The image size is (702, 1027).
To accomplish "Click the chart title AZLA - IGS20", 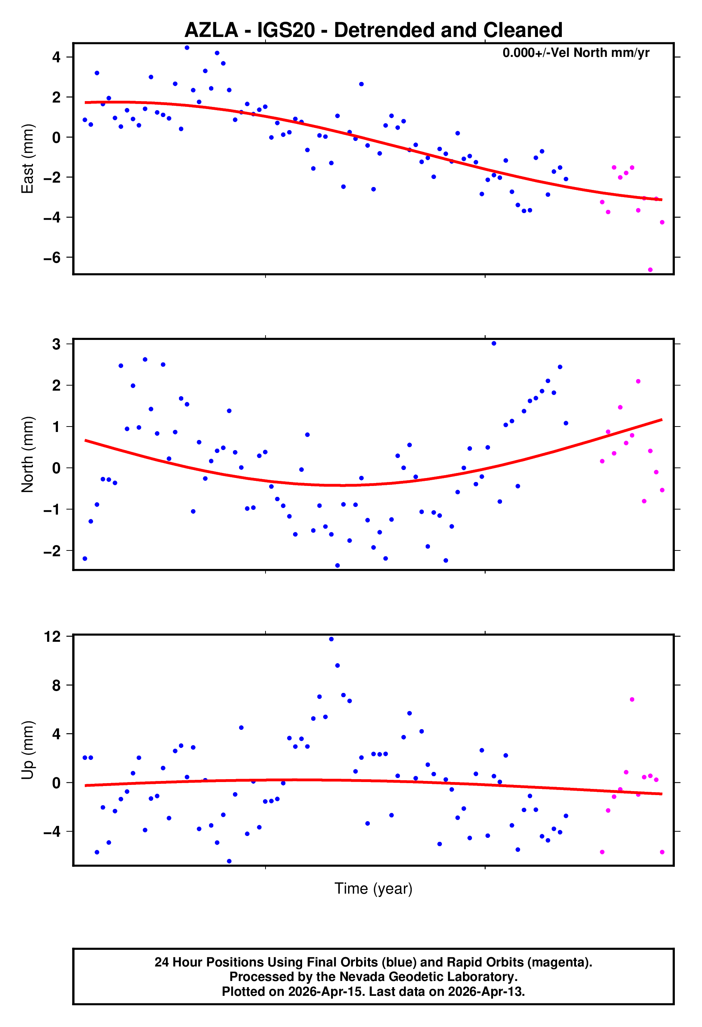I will (373, 30).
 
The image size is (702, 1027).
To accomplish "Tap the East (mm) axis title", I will (28, 159).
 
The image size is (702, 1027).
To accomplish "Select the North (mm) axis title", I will (28, 454).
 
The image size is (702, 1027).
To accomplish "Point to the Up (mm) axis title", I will (28, 750).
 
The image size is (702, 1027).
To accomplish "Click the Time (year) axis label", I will (373, 888).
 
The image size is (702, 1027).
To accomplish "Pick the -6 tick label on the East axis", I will (52, 258).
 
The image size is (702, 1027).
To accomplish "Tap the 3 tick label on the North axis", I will (56, 344).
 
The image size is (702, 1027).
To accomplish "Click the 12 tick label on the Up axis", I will (53, 637).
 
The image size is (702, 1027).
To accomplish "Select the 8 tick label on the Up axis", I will (56, 685).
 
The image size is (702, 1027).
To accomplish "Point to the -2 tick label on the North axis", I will (52, 551).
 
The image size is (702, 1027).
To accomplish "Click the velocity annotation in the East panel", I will (576, 53).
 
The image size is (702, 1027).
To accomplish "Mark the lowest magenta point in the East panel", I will (650, 270).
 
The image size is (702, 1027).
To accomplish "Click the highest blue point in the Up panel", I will (331, 639).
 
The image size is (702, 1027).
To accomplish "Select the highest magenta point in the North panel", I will (638, 381).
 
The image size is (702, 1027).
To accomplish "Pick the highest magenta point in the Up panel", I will (632, 699).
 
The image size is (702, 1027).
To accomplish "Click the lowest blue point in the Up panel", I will (229, 861).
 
